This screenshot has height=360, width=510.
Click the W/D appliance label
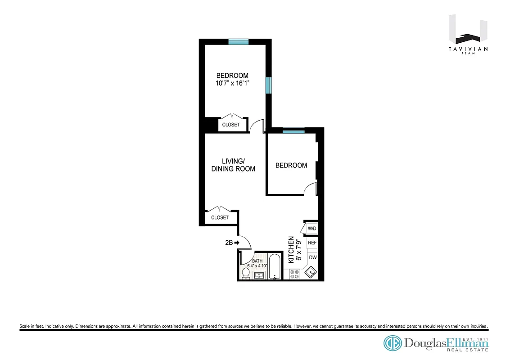pyautogui.click(x=312, y=229)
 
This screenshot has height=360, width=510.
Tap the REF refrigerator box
pyautogui.click(x=312, y=243)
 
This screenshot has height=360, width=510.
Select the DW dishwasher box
pyautogui.click(x=313, y=258)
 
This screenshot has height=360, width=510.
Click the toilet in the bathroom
pyautogui.click(x=246, y=273)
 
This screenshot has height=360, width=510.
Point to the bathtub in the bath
pyautogui.click(x=275, y=267)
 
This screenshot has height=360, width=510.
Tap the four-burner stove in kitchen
pyautogui.click(x=295, y=274)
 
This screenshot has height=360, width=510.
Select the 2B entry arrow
pyautogui.click(x=233, y=243)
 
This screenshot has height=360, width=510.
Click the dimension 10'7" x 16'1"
pyautogui.click(x=232, y=83)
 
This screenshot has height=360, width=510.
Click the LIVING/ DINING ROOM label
pyautogui.click(x=233, y=165)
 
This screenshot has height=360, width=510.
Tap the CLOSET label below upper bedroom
pyautogui.click(x=231, y=125)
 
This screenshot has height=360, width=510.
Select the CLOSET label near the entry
pyautogui.click(x=220, y=217)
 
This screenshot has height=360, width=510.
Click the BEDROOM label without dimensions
pyautogui.click(x=291, y=165)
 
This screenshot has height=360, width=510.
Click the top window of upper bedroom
pyautogui.click(x=238, y=42)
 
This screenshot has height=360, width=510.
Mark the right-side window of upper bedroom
pyautogui.click(x=268, y=85)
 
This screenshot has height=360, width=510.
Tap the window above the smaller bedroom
pyautogui.click(x=293, y=130)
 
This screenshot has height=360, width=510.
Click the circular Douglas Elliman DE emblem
pyautogui.click(x=393, y=343)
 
